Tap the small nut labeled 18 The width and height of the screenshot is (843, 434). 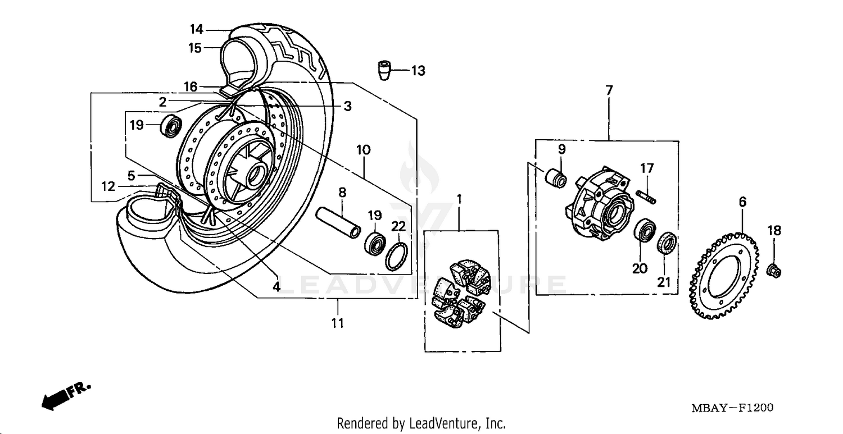773,269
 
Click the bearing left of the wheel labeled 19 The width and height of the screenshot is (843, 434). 171,126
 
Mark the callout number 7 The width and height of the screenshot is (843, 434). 609,90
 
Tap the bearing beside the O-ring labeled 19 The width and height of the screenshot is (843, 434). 374,243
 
